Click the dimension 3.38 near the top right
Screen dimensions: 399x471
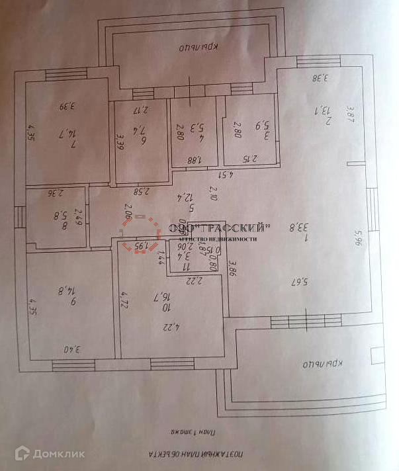[322, 77]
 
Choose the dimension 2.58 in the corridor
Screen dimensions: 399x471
[142, 192]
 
